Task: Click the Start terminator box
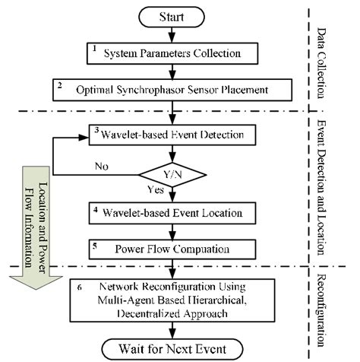[x=175, y=16]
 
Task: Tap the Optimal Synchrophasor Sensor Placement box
[x=175, y=88]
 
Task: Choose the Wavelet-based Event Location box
[x=175, y=212]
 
